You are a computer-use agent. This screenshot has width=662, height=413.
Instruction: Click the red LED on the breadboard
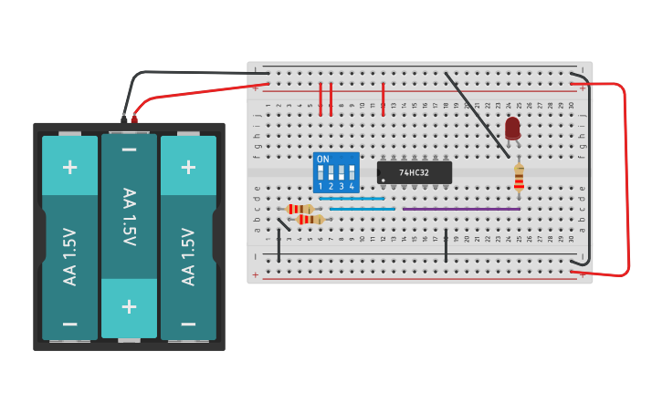[x=512, y=128]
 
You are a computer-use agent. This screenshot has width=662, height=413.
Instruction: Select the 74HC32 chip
[x=415, y=172]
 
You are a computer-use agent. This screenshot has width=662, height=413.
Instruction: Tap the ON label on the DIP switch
[x=322, y=159]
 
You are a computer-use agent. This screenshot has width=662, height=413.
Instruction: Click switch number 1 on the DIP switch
[x=321, y=173]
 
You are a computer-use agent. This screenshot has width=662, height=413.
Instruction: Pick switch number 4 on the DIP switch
[x=352, y=173]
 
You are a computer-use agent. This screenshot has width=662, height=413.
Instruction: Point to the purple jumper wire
[x=461, y=209]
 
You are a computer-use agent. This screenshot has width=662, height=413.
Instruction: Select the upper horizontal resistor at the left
[x=299, y=209]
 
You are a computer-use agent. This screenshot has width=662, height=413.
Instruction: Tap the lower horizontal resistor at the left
[x=310, y=220]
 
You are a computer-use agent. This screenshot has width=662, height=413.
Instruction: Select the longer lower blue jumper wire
[x=362, y=209]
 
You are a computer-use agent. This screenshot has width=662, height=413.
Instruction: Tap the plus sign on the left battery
[x=69, y=167]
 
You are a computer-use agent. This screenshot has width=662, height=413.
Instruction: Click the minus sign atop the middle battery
[x=129, y=150]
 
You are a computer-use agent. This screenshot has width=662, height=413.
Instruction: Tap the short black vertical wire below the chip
[x=446, y=246]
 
